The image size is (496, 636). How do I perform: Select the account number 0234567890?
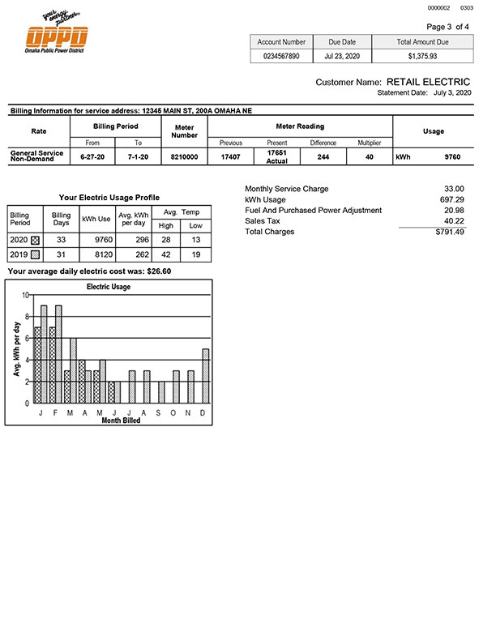[281, 57]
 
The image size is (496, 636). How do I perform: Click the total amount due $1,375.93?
[422, 57]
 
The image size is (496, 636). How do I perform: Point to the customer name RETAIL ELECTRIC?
[428, 82]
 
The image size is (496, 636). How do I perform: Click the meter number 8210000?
[185, 156]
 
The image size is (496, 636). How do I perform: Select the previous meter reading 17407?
[230, 156]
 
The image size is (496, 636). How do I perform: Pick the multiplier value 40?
[369, 156]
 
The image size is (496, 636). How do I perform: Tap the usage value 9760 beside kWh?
[452, 156]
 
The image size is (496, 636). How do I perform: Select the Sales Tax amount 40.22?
[453, 221]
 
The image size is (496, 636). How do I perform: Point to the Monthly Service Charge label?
[286, 189]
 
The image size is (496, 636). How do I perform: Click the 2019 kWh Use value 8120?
[96, 254]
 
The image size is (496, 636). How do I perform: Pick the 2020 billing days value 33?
[62, 240]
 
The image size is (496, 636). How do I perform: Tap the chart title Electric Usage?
[109, 287]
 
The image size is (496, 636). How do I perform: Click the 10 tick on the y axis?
[25, 296]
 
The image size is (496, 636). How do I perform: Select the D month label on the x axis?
[203, 412]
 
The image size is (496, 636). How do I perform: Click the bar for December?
[206, 376]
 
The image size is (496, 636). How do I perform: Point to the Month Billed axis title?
[120, 420]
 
